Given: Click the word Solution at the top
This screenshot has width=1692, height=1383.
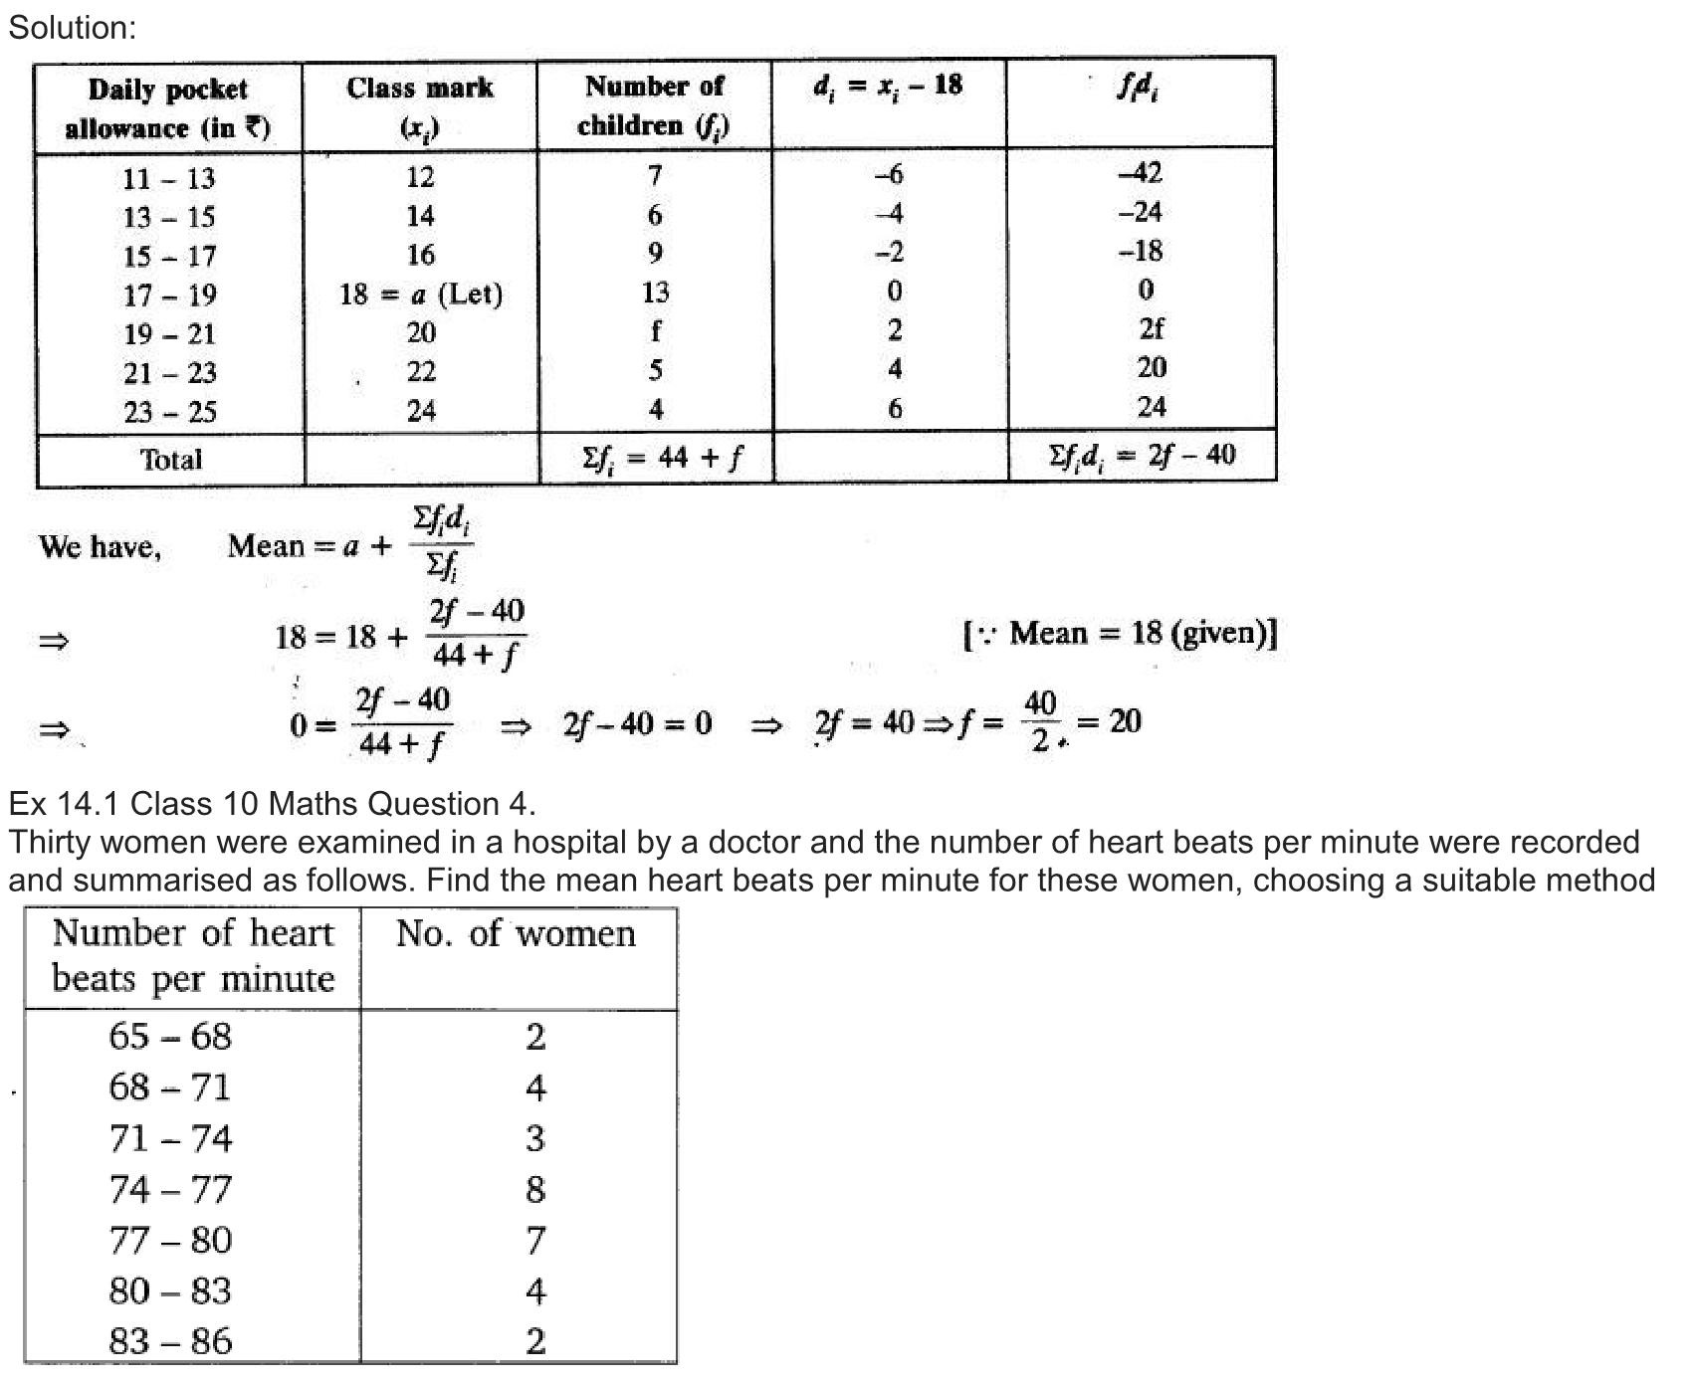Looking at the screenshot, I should tap(72, 28).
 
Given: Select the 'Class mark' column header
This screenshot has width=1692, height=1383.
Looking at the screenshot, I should tap(419, 105).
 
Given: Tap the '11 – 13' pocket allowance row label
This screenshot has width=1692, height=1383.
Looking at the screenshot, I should tap(169, 179).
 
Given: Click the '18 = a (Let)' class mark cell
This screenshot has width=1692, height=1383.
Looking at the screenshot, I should tap(420, 295).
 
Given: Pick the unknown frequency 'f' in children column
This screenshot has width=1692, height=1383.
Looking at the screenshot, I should tap(655, 331).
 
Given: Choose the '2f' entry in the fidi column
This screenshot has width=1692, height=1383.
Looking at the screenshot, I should tap(1151, 328).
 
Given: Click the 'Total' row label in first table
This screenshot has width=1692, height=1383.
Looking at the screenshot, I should tap(170, 460).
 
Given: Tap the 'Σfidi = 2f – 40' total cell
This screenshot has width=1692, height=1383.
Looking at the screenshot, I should tap(1141, 456).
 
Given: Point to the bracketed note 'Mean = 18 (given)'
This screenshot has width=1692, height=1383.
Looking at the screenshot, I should tap(1120, 634).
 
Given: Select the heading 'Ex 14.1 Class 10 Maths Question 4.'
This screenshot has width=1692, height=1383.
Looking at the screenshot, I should tap(272, 803).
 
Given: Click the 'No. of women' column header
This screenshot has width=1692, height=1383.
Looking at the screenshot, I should tap(516, 934).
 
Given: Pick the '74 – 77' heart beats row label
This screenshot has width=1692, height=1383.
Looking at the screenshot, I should tap(170, 1189).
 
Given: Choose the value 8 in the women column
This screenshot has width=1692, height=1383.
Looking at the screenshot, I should tap(535, 1189).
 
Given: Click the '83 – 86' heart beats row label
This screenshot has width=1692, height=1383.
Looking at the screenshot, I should tap(170, 1341).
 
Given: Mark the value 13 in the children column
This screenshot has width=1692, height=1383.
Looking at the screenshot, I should tap(655, 293).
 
